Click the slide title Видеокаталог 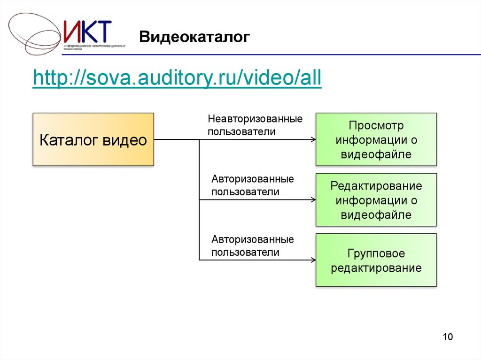tap(194, 37)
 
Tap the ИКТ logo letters tap(88, 32)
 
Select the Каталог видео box tap(93, 139)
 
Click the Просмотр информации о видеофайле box tap(376, 139)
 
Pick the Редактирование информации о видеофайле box tap(376, 200)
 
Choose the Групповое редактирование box tap(376, 260)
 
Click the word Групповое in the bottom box tap(376, 253)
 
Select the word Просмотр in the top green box tap(376, 126)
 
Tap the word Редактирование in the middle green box tap(376, 186)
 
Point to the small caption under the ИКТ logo tap(93, 47)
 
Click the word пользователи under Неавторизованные tap(241, 132)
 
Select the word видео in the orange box tap(124, 140)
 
